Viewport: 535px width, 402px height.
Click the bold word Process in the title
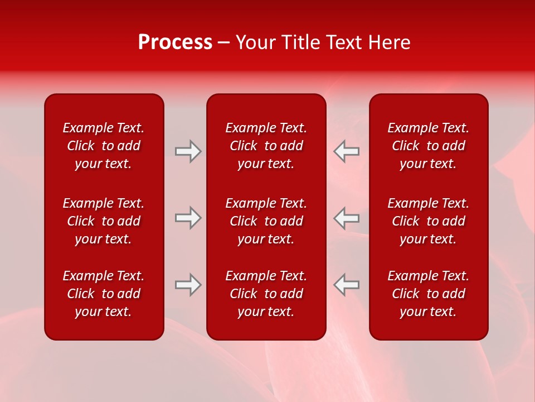tap(175, 42)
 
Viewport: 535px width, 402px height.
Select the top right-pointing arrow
tap(188, 151)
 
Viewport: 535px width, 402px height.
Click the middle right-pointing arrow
tap(188, 218)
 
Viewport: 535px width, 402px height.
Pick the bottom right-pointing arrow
tap(188, 285)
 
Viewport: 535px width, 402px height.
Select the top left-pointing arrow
tap(346, 151)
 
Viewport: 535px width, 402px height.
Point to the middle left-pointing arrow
tap(346, 218)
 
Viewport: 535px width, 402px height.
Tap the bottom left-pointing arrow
tap(346, 285)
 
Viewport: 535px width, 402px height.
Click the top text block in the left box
tap(104, 146)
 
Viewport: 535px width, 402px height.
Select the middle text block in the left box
tap(104, 221)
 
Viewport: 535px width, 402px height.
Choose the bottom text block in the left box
tap(104, 294)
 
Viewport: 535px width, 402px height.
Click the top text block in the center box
tap(266, 146)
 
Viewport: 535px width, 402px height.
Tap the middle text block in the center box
tap(266, 221)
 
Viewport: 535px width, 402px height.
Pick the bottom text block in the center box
tap(266, 294)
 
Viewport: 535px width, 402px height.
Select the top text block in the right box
tap(428, 146)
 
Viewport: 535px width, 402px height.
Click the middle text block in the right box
tap(428, 221)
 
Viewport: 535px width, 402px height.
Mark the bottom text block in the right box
tap(428, 294)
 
